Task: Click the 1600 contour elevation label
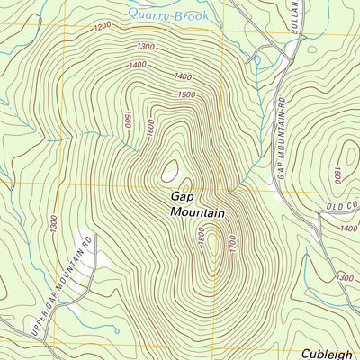coord(150,128)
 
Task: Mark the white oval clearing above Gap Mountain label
coord(170,169)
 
